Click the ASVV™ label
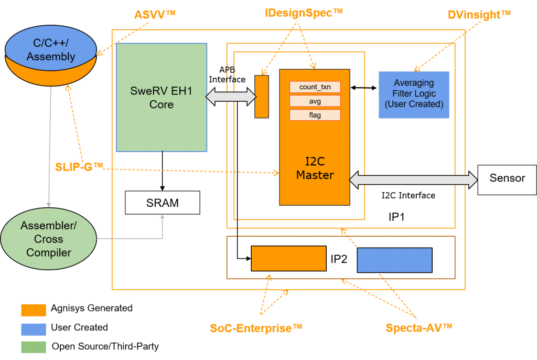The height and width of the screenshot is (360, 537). pos(154,15)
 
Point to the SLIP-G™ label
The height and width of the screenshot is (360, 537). pos(79,167)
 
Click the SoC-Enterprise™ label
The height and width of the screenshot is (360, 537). pos(256,329)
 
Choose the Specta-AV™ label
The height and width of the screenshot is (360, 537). pos(418,329)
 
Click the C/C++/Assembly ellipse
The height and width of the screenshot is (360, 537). pos(51,51)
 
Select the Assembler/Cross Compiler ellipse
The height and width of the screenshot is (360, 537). pos(49,239)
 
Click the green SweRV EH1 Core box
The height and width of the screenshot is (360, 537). pos(162,98)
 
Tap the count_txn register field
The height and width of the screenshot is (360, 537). pos(315,87)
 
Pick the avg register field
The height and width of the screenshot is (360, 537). pos(315,101)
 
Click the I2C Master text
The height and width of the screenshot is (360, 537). pos(315,168)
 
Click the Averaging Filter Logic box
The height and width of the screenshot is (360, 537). pos(414,94)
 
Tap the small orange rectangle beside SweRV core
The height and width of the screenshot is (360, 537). pos(262,97)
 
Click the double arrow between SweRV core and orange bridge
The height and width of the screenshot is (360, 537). pos(231,96)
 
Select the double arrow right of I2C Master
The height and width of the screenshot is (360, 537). pos(413,179)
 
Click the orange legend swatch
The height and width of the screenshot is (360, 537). pos(34,310)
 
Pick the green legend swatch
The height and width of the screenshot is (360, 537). pos(34,347)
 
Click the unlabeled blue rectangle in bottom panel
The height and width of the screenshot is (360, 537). pos(394,260)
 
